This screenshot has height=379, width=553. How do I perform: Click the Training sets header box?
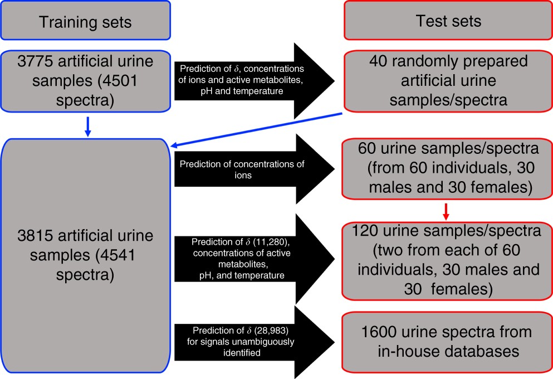tap(85, 22)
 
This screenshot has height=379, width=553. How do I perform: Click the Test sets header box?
tap(448, 21)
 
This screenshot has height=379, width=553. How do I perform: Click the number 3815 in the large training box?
tap(36, 236)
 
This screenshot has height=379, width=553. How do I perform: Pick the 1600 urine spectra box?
tap(448, 342)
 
